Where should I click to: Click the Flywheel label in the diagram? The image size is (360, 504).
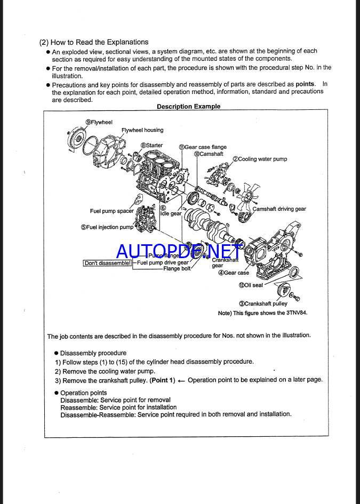[x=100, y=122]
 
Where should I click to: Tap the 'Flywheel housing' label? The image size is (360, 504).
[x=142, y=130]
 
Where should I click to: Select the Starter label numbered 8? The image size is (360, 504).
[x=152, y=145]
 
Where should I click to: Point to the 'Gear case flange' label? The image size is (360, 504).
[x=203, y=147]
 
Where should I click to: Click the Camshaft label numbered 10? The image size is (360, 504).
[x=209, y=154]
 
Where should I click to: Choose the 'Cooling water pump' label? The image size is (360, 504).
[x=260, y=159]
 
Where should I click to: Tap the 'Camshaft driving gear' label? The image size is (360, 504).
[x=279, y=209]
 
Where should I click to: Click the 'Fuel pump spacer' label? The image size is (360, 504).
[x=112, y=211]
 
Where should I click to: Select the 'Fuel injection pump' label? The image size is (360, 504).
[x=107, y=227]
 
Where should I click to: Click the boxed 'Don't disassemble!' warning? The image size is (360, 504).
[x=107, y=263]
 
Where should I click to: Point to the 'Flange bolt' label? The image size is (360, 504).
[x=177, y=269]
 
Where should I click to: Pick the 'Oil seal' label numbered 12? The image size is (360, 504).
[x=251, y=285]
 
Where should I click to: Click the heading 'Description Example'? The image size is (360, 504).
[x=188, y=107]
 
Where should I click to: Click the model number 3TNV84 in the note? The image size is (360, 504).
[x=297, y=313]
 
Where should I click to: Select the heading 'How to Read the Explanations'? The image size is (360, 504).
[x=94, y=42]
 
